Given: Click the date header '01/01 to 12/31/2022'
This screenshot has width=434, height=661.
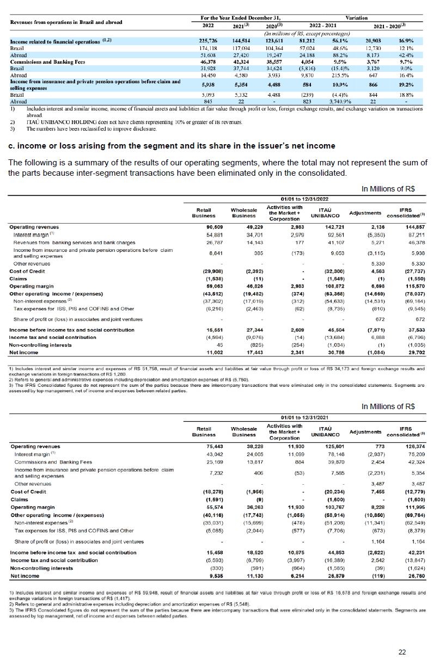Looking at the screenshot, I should point(299,199).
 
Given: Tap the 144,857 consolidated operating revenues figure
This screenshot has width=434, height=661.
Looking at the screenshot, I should point(413,227).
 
